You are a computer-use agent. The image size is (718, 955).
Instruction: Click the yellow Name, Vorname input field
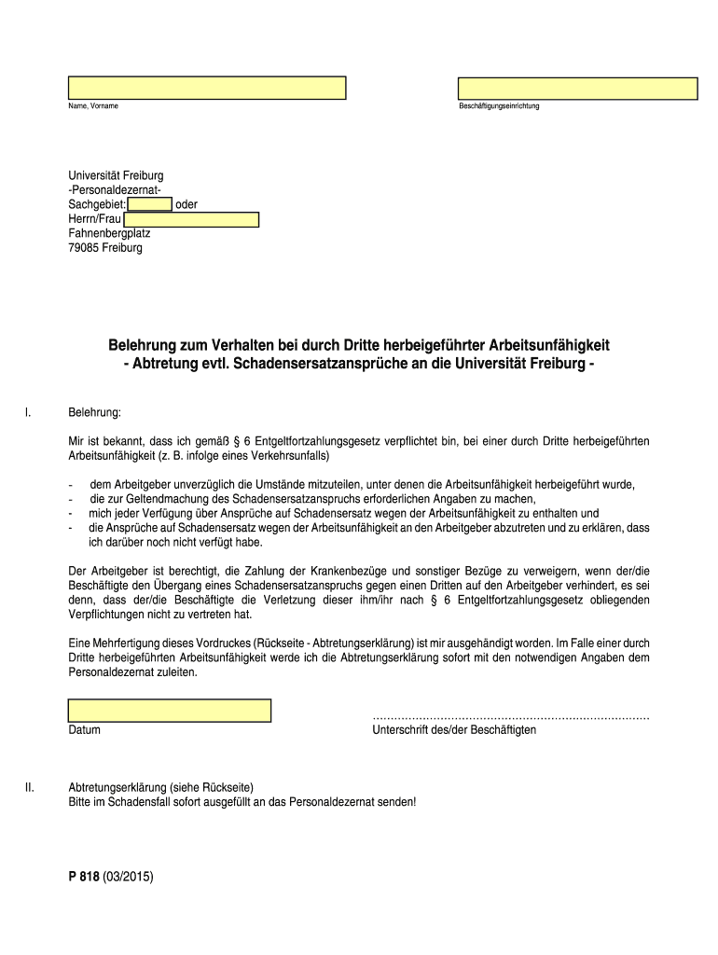click(x=206, y=88)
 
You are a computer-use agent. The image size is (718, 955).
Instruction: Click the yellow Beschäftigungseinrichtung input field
click(x=577, y=89)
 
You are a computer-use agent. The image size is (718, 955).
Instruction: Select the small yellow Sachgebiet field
click(x=149, y=205)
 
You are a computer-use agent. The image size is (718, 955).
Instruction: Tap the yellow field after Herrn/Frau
click(x=191, y=220)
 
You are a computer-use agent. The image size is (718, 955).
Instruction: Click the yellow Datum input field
click(x=169, y=711)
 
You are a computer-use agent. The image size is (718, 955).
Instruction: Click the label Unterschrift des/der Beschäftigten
click(x=453, y=730)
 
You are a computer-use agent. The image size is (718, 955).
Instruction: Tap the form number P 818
click(x=84, y=877)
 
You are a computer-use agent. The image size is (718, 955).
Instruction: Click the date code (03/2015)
click(x=129, y=877)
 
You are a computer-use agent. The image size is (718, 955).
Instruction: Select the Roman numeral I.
click(x=28, y=411)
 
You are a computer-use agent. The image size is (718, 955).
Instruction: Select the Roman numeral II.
click(x=30, y=787)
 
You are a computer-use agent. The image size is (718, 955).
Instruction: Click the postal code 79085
click(x=84, y=248)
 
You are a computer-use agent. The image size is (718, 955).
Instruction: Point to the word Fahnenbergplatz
click(x=109, y=234)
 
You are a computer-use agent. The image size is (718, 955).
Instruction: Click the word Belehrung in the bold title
click(x=149, y=346)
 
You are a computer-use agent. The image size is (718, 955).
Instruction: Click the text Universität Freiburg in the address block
click(x=116, y=176)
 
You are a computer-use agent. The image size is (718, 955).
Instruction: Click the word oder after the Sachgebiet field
click(x=186, y=205)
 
